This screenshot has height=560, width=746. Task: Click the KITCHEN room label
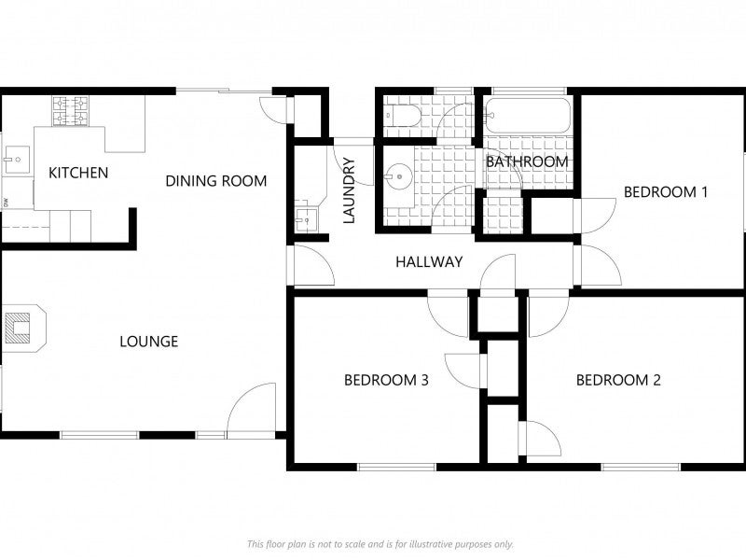pyautogui.click(x=78, y=173)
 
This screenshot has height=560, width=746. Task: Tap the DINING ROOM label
pyautogui.click(x=216, y=181)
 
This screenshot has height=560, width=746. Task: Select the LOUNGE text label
pyautogui.click(x=149, y=342)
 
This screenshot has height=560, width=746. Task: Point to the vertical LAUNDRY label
pyautogui.click(x=349, y=190)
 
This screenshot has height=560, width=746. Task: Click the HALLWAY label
pyautogui.click(x=429, y=261)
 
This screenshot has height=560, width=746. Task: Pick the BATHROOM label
pyautogui.click(x=527, y=161)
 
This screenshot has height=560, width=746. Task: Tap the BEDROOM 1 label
pyautogui.click(x=666, y=192)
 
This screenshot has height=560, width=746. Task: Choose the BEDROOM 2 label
pyautogui.click(x=618, y=380)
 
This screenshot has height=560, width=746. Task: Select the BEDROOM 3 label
pyautogui.click(x=386, y=380)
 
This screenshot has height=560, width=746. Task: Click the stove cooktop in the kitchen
pyautogui.click(x=71, y=111)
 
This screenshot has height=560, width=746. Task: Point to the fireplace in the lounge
pyautogui.click(x=24, y=329)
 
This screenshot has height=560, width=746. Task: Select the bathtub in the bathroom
pyautogui.click(x=527, y=115)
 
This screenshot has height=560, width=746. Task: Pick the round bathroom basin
pyautogui.click(x=399, y=176)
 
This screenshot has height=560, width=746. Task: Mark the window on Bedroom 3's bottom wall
pyautogui.click(x=396, y=467)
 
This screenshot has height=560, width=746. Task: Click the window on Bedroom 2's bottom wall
pyautogui.click(x=641, y=467)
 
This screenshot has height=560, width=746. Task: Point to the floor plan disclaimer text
pyautogui.click(x=380, y=544)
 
